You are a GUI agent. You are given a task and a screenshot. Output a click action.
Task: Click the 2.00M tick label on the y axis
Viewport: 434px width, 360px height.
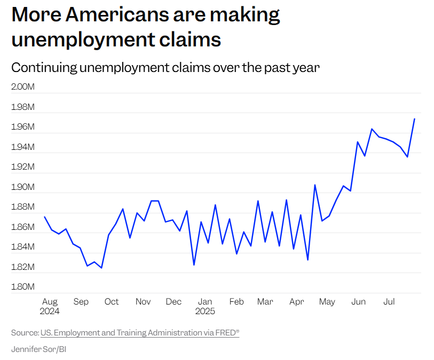[x=22, y=87]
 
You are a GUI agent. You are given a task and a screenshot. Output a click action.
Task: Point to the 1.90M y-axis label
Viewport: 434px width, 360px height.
[x=22, y=187]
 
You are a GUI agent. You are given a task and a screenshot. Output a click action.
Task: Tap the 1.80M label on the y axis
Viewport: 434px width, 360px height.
[x=22, y=287]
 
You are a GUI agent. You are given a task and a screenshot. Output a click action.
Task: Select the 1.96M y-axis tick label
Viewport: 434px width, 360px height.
[x=22, y=127]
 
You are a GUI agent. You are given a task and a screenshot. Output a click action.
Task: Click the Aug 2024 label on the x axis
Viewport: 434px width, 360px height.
[x=49, y=306]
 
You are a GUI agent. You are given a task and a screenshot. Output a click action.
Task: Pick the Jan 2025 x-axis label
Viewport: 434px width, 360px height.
[x=205, y=306]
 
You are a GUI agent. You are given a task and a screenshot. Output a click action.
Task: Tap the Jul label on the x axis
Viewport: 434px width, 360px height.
[x=389, y=302]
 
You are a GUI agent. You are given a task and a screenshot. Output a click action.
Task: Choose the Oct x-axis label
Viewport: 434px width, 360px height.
[x=112, y=302]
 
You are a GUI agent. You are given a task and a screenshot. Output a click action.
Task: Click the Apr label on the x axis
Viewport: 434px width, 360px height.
[x=296, y=302]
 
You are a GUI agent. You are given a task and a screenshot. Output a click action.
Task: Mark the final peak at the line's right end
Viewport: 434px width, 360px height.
[x=415, y=118]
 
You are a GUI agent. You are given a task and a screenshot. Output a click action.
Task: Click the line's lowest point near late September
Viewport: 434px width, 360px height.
[x=101, y=268]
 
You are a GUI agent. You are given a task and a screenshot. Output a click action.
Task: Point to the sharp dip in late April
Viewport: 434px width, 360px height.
[x=307, y=260]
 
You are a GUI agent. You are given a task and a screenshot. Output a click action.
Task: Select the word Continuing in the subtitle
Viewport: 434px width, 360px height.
[x=42, y=68]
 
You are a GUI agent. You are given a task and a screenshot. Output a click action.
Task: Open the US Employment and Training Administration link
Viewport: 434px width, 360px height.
[x=140, y=333]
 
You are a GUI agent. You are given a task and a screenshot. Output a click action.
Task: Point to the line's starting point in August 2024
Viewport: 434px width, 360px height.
[x=44, y=217]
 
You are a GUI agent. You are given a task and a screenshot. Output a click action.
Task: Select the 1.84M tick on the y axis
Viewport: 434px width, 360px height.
[x=22, y=247]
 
